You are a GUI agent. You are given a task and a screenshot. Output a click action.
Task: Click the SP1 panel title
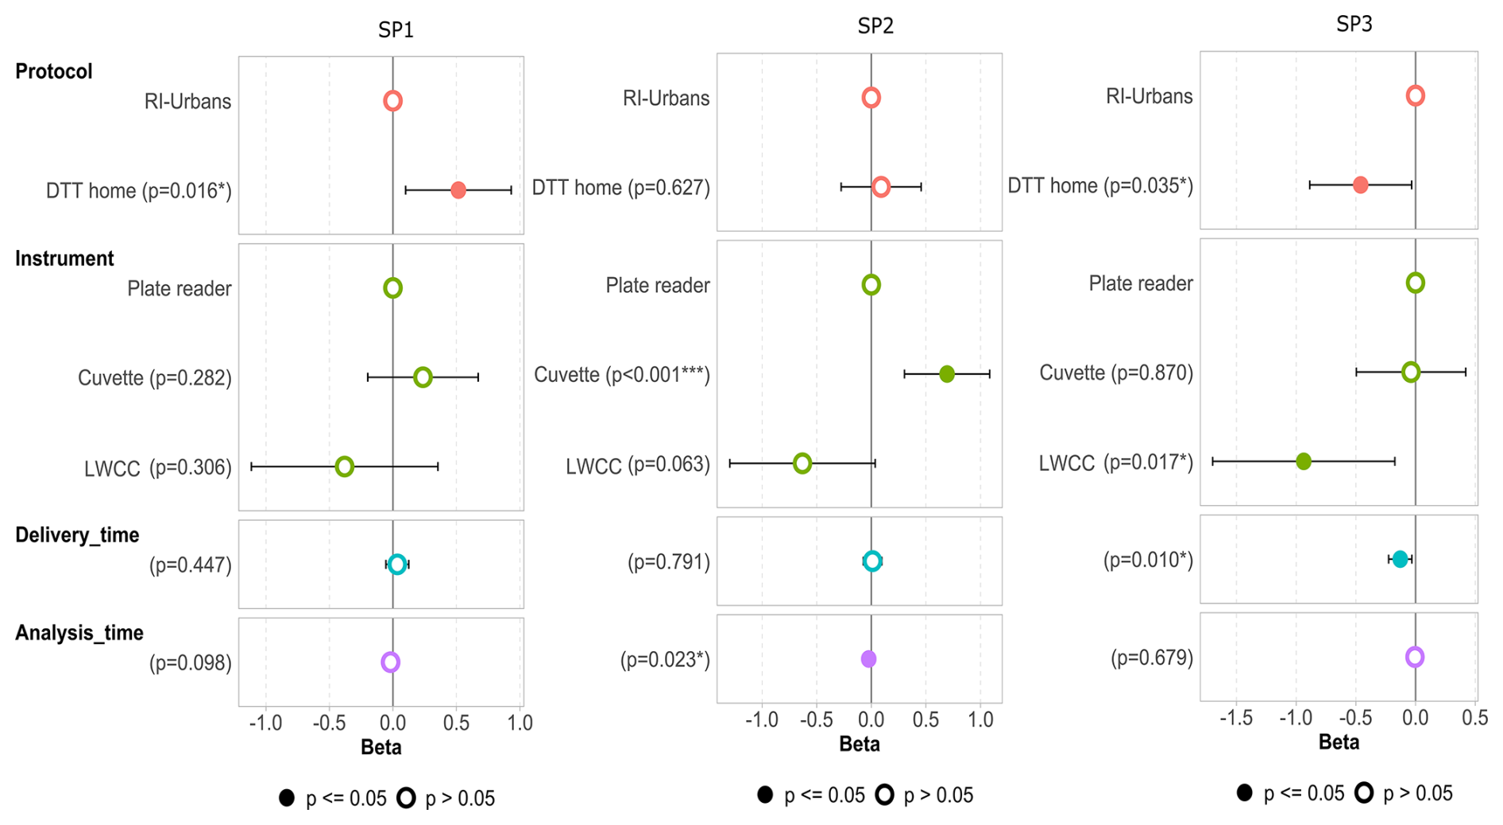pyautogui.click(x=396, y=30)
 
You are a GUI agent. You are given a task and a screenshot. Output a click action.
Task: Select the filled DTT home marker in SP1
pyautogui.click(x=458, y=191)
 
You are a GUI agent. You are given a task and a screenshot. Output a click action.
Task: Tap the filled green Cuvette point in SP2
pyautogui.click(x=946, y=374)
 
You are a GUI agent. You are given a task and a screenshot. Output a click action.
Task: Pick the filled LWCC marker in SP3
pyautogui.click(x=1304, y=461)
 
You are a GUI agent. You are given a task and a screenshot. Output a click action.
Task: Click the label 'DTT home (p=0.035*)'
pyautogui.click(x=1099, y=186)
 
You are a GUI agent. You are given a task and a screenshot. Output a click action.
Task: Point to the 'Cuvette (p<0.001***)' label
pyautogui.click(x=621, y=375)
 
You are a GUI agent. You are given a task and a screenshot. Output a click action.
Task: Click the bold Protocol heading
pyautogui.click(x=54, y=71)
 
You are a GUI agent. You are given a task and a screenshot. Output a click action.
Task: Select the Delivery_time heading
pyautogui.click(x=77, y=535)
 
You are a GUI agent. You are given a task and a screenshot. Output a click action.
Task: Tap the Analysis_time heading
pyautogui.click(x=79, y=633)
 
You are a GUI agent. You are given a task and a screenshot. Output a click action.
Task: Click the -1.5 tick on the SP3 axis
pyautogui.click(x=1235, y=719)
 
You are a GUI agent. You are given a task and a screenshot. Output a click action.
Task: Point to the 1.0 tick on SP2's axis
pyautogui.click(x=980, y=720)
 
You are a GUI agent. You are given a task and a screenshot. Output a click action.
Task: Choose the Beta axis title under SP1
pyautogui.click(x=381, y=747)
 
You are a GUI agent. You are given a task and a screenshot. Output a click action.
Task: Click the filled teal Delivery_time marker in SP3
pyautogui.click(x=1400, y=559)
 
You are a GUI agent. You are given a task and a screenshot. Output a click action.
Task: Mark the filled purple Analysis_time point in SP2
pyautogui.click(x=868, y=659)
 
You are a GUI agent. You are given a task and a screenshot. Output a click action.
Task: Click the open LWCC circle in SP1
pyautogui.click(x=344, y=467)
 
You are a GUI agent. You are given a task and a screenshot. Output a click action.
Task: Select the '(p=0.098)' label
pyautogui.click(x=191, y=663)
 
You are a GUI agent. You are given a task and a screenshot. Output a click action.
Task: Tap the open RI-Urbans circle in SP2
pyautogui.click(x=871, y=98)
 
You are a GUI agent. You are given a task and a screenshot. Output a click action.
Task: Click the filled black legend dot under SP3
pyautogui.click(x=1245, y=792)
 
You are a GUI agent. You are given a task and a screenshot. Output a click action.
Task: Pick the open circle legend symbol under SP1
pyautogui.click(x=406, y=798)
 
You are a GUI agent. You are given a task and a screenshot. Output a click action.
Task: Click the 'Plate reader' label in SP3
pyautogui.click(x=1140, y=284)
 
